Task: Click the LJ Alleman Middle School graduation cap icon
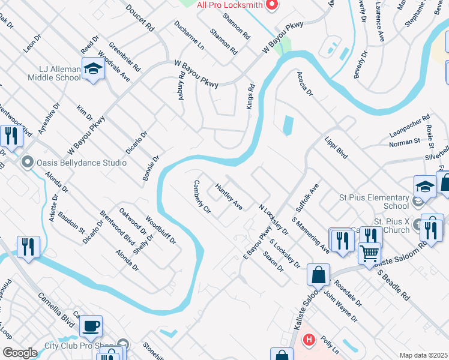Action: pos(94,70)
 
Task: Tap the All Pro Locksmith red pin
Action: pos(271,5)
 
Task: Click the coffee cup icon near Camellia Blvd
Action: pos(91,326)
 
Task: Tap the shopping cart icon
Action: pos(369,253)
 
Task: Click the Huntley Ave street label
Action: pos(229,197)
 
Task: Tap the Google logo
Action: pos(20,353)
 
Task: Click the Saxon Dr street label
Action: pos(273,262)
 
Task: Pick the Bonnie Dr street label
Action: pos(151,168)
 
